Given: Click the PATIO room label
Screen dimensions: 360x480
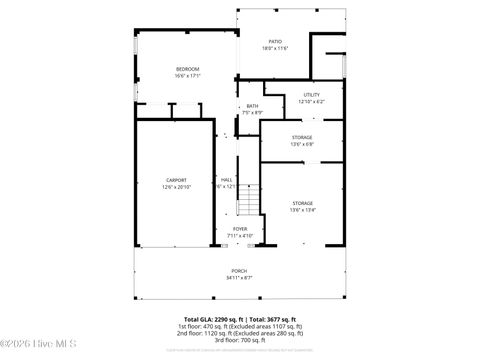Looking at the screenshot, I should point(274,41).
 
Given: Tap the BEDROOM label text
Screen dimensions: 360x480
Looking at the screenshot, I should point(188,68).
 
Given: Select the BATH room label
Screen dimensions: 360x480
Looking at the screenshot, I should point(252,106).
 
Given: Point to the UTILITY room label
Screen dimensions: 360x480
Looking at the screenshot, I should point(311,95).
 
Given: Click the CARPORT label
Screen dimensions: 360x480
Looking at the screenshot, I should point(176,180).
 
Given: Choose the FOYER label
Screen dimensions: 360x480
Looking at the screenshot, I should point(240,229).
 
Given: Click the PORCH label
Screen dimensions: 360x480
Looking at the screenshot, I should point(239,271).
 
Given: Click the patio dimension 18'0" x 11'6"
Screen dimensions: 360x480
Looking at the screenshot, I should point(274,48).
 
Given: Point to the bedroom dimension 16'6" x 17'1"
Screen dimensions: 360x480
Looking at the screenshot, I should point(188,75).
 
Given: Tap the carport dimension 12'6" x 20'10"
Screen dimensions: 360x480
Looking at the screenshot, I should point(176,187).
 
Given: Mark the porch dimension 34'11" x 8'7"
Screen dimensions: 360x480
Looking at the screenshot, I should point(239,278).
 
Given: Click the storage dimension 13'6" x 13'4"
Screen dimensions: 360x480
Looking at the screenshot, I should point(302,210).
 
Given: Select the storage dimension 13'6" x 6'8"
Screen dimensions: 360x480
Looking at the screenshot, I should point(302,144).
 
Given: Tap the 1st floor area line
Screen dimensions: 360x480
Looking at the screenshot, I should point(240,326).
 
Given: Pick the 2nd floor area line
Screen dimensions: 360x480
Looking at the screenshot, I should point(240,333).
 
